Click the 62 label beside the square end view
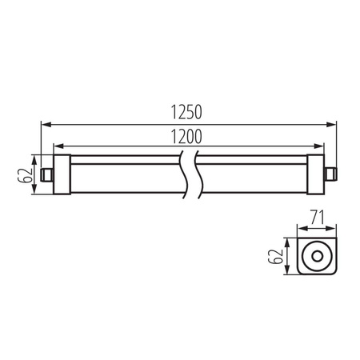tap(277, 256)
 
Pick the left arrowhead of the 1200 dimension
tap(55, 145)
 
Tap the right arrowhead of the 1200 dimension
tap(322, 145)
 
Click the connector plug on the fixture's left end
tap(46, 172)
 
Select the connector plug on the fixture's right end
tap(330, 172)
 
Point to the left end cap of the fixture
tap(61, 172)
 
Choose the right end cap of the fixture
tap(317, 172)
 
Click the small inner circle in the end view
tap(318, 256)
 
